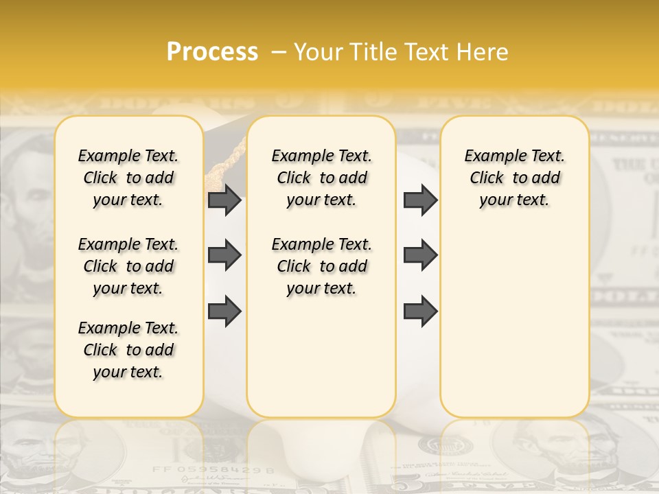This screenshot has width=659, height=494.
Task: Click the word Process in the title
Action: (x=212, y=52)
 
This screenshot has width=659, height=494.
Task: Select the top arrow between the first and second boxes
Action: (x=224, y=200)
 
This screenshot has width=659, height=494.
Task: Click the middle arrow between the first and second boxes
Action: (x=224, y=255)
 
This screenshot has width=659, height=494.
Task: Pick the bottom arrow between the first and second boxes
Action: (x=224, y=311)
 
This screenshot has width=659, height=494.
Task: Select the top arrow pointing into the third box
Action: (x=420, y=200)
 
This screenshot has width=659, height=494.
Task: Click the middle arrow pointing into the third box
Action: (x=420, y=255)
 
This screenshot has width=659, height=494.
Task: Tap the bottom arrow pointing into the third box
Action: (x=420, y=311)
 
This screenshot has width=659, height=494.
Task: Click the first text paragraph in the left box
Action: (x=128, y=178)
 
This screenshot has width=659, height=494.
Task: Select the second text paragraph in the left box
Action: (x=128, y=266)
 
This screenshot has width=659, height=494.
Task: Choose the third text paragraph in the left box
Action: (x=128, y=350)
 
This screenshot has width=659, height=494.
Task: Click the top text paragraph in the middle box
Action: (x=321, y=178)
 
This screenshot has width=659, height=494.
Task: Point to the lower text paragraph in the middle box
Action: (x=321, y=266)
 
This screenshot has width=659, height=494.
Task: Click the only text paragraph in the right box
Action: (x=514, y=178)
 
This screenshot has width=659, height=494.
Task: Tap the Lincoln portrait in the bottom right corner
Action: (x=577, y=456)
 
